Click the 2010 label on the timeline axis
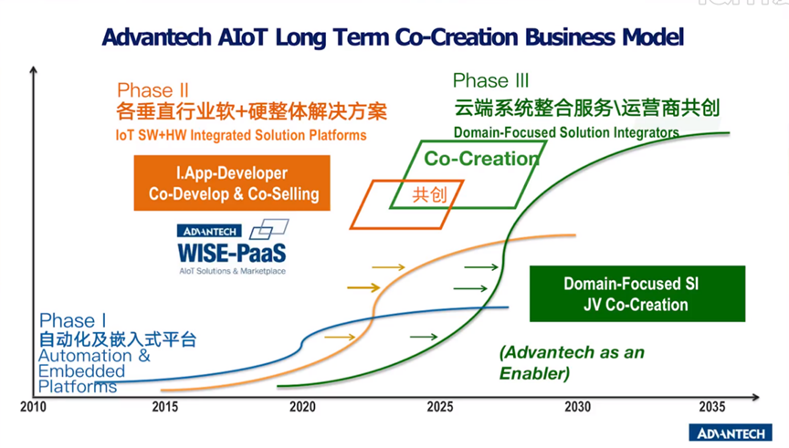click(33, 407)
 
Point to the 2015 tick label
click(165, 407)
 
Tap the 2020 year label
click(302, 407)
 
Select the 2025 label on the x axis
click(440, 407)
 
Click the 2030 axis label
click(577, 407)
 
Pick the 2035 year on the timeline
click(712, 407)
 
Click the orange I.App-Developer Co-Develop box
click(232, 183)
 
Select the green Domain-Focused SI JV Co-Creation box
click(637, 294)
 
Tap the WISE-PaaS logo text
click(231, 253)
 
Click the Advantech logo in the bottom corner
click(731, 432)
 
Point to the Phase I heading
click(72, 320)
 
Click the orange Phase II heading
click(153, 90)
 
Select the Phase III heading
click(490, 80)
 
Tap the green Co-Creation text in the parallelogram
click(481, 159)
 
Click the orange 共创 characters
click(429, 194)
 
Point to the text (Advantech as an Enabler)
click(572, 362)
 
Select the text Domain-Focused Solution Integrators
click(566, 132)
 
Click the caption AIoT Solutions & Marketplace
click(233, 271)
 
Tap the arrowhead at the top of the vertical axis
click(33, 69)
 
